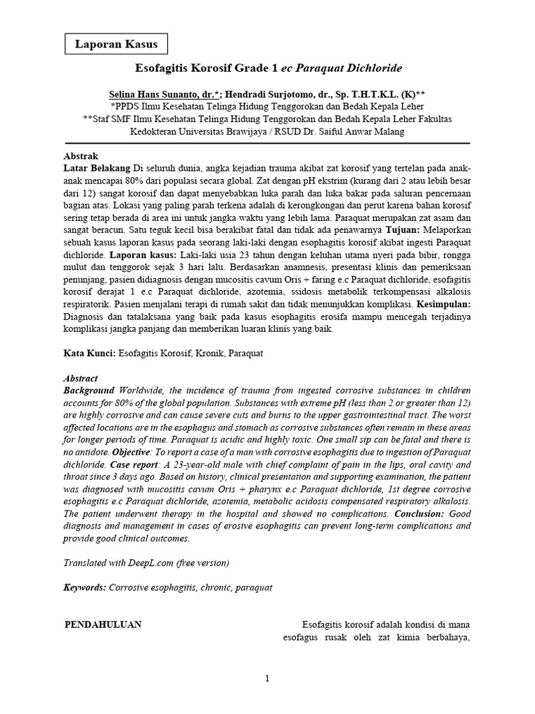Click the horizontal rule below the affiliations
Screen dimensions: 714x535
click(x=267, y=143)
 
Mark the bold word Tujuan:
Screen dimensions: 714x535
click(x=403, y=228)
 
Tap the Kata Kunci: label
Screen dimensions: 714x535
click(x=89, y=354)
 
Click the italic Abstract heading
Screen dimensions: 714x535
click(x=81, y=377)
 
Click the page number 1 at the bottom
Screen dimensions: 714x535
click(x=267, y=679)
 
